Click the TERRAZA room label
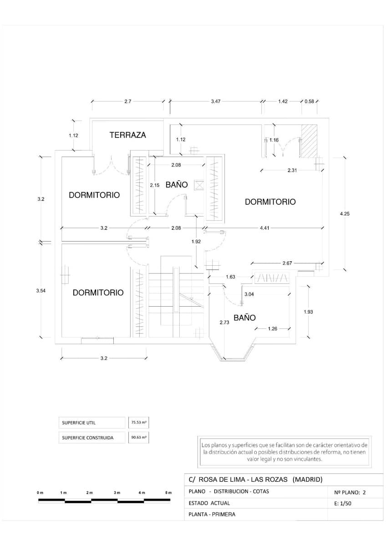tap(128, 135)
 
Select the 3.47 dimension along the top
tap(216, 101)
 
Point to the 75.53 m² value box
tap(139, 423)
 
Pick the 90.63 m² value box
tap(139, 437)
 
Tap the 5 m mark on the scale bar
tap(168, 493)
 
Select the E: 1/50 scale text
tap(342, 504)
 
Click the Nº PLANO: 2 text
tap(350, 492)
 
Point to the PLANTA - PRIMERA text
tap(212, 515)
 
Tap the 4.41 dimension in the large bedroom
tap(264, 228)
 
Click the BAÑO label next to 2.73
tap(244, 318)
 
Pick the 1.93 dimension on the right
tap(308, 312)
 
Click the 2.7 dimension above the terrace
tap(127, 101)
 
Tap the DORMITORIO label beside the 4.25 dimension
tap(270, 202)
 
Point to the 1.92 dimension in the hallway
tap(196, 242)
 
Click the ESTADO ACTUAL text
tap(209, 503)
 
